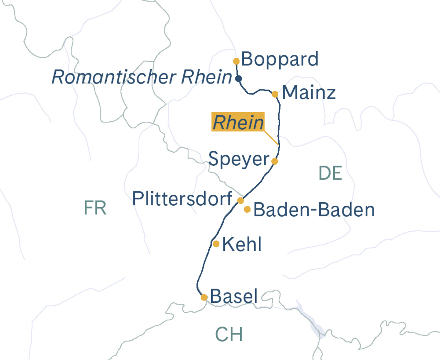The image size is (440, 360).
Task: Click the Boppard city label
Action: pyautogui.click(x=280, y=59)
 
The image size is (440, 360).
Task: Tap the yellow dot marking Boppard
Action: pyautogui.click(x=236, y=61)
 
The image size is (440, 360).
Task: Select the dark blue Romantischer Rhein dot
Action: pyautogui.click(x=238, y=78)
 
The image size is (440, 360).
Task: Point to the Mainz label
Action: pyautogui.click(x=309, y=93)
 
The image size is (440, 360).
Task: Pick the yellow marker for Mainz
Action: pyautogui.click(x=275, y=94)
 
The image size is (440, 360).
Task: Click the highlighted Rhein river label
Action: pyautogui.click(x=238, y=123)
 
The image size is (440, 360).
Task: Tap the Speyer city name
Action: pyautogui.click(x=239, y=159)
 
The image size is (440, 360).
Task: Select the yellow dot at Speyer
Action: pyautogui.click(x=275, y=161)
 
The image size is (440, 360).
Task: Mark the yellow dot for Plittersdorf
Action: pyautogui.click(x=241, y=201)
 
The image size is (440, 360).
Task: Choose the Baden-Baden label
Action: pyautogui.click(x=314, y=210)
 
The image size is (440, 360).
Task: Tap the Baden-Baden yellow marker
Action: pyautogui.click(x=247, y=209)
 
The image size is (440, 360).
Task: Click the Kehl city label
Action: pyautogui.click(x=242, y=244)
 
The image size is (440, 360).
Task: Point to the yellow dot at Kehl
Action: pyautogui.click(x=216, y=244)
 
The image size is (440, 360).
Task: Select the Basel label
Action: pyautogui.click(x=234, y=297)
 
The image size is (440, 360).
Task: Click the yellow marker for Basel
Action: pyautogui.click(x=204, y=297)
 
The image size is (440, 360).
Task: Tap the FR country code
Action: pyautogui.click(x=95, y=208)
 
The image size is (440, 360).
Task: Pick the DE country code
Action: pyautogui.click(x=330, y=173)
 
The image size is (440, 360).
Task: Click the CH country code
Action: pyautogui.click(x=229, y=334)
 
